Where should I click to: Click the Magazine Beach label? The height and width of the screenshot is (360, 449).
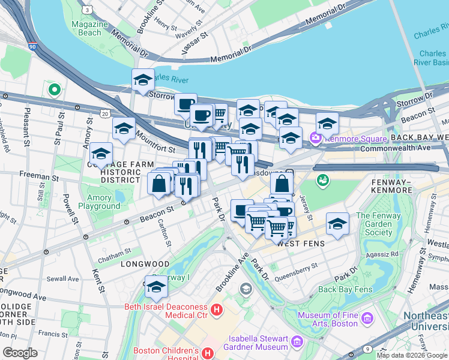(x=89, y=28)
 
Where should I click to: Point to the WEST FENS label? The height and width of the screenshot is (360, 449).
(x=300, y=243)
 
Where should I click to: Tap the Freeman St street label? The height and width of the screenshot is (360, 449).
(x=38, y=178)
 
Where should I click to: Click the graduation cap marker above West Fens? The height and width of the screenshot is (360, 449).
(x=338, y=223)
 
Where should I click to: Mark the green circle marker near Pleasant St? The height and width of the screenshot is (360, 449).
(x=54, y=90)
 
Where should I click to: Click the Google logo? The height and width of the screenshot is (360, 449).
(x=20, y=353)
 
